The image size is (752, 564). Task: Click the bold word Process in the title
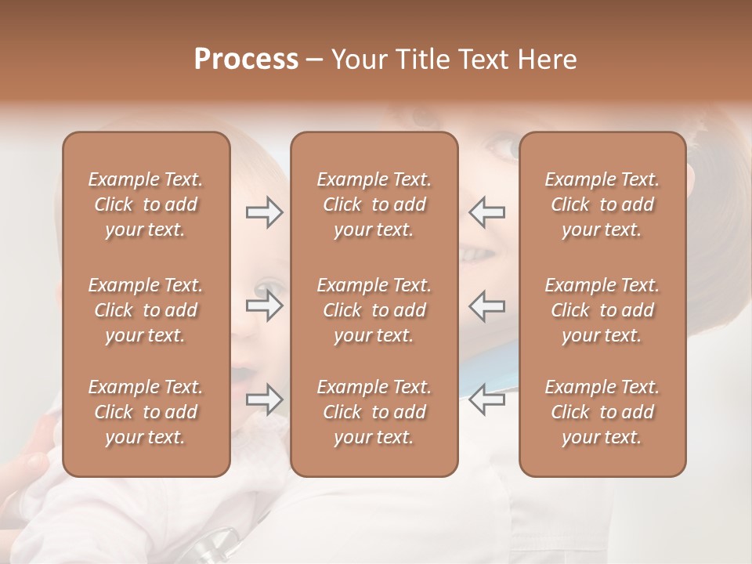[246, 59]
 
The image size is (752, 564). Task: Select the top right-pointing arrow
[264, 212]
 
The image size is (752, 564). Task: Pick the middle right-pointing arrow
[264, 306]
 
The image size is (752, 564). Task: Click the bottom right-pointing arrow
[264, 399]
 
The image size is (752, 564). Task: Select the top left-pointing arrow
[487, 212]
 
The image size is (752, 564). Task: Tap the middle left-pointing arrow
[487, 306]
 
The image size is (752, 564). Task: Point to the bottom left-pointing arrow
[487, 399]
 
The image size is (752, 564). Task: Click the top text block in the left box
[146, 204]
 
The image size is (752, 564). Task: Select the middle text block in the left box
[146, 310]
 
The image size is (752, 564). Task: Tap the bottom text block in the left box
[146, 412]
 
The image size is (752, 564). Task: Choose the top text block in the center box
[374, 204]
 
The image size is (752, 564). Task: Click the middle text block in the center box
[374, 310]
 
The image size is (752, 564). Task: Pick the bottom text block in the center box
[374, 412]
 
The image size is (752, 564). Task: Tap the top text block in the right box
[602, 204]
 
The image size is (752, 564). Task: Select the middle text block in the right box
[602, 310]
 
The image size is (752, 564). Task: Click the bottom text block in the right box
[602, 412]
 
